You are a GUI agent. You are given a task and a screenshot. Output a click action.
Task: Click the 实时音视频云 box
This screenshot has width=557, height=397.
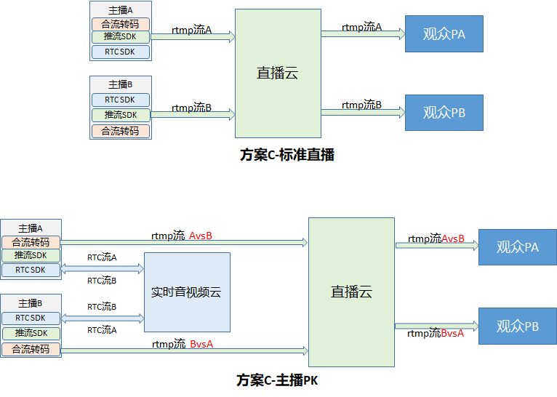pyautogui.click(x=186, y=292)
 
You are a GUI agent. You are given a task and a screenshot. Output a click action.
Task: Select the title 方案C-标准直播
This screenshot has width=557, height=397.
pyautogui.click(x=286, y=155)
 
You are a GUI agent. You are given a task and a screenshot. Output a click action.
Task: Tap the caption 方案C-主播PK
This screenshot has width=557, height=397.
pyautogui.click(x=277, y=380)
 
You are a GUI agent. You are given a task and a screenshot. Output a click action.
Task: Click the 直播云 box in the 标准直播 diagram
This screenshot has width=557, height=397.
pyautogui.click(x=278, y=73)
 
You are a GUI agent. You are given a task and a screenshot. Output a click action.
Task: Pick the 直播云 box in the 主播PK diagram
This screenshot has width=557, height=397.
pyautogui.click(x=351, y=292)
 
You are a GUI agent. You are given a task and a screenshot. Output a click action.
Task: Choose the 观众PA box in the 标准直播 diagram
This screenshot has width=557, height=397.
pyautogui.click(x=444, y=33)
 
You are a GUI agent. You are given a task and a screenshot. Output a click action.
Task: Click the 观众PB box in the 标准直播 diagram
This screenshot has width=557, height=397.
pyautogui.click(x=444, y=112)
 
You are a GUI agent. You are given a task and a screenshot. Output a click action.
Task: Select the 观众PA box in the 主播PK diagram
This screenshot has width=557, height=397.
pyautogui.click(x=517, y=246)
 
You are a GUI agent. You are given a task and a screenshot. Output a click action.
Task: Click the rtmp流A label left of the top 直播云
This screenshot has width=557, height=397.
pyautogui.click(x=192, y=30)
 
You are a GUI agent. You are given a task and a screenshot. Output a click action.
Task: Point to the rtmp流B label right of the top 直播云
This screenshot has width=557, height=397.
pyautogui.click(x=361, y=105)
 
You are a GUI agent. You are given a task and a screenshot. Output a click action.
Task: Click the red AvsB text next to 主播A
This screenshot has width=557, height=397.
pyautogui.click(x=200, y=236)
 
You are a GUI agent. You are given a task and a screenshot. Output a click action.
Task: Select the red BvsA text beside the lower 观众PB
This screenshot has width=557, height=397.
pyautogui.click(x=452, y=333)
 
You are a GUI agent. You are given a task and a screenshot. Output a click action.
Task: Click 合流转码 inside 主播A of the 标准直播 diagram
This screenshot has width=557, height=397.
pyautogui.click(x=121, y=24)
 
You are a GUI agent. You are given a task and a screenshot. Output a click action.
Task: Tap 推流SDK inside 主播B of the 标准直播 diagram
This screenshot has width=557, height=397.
pyautogui.click(x=121, y=115)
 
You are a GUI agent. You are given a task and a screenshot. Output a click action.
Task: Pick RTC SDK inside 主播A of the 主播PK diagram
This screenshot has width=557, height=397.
pyautogui.click(x=31, y=270)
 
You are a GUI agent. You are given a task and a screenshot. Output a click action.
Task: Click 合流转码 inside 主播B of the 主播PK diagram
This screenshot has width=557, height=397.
pyautogui.click(x=31, y=349)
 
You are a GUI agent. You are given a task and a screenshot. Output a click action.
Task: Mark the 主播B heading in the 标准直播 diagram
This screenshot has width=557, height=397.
pyautogui.click(x=121, y=84)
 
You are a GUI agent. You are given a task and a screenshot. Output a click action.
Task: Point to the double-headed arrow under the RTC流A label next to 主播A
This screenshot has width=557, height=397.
pyautogui.click(x=102, y=269)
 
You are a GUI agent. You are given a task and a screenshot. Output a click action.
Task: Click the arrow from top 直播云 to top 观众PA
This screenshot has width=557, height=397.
pyautogui.click(x=362, y=34)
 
